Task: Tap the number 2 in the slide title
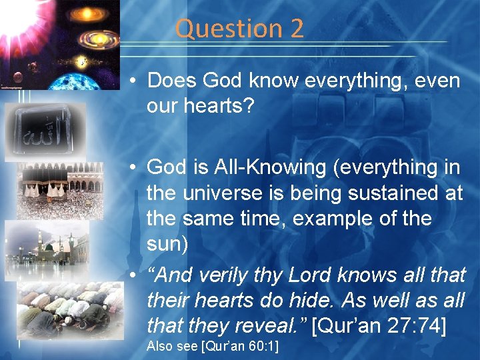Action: tap(296, 29)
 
